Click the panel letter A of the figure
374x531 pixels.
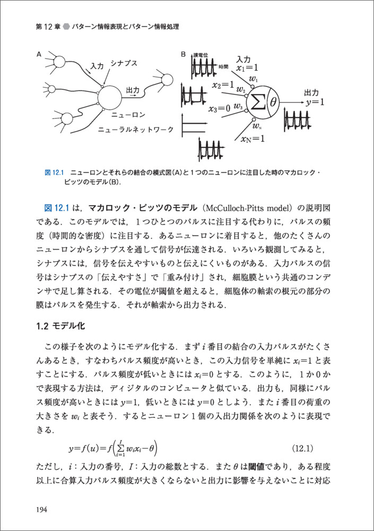coord(39,54)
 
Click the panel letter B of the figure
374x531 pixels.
coord(183,54)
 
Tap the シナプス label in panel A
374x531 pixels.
coord(124,64)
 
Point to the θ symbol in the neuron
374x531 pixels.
coord(274,100)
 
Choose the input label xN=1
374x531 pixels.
coord(253,139)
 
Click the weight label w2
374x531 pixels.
coord(241,88)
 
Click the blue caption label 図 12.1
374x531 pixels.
coord(54,173)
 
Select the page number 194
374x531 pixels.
coord(42,510)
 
